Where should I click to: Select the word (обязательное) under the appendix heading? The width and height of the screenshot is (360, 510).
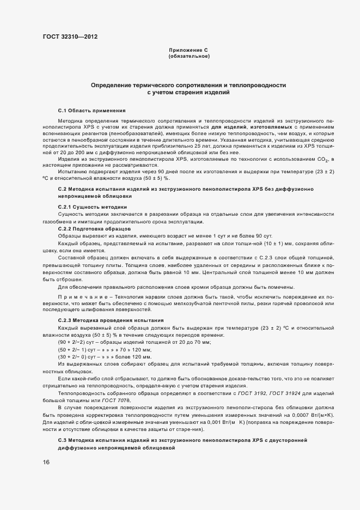(188, 56)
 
